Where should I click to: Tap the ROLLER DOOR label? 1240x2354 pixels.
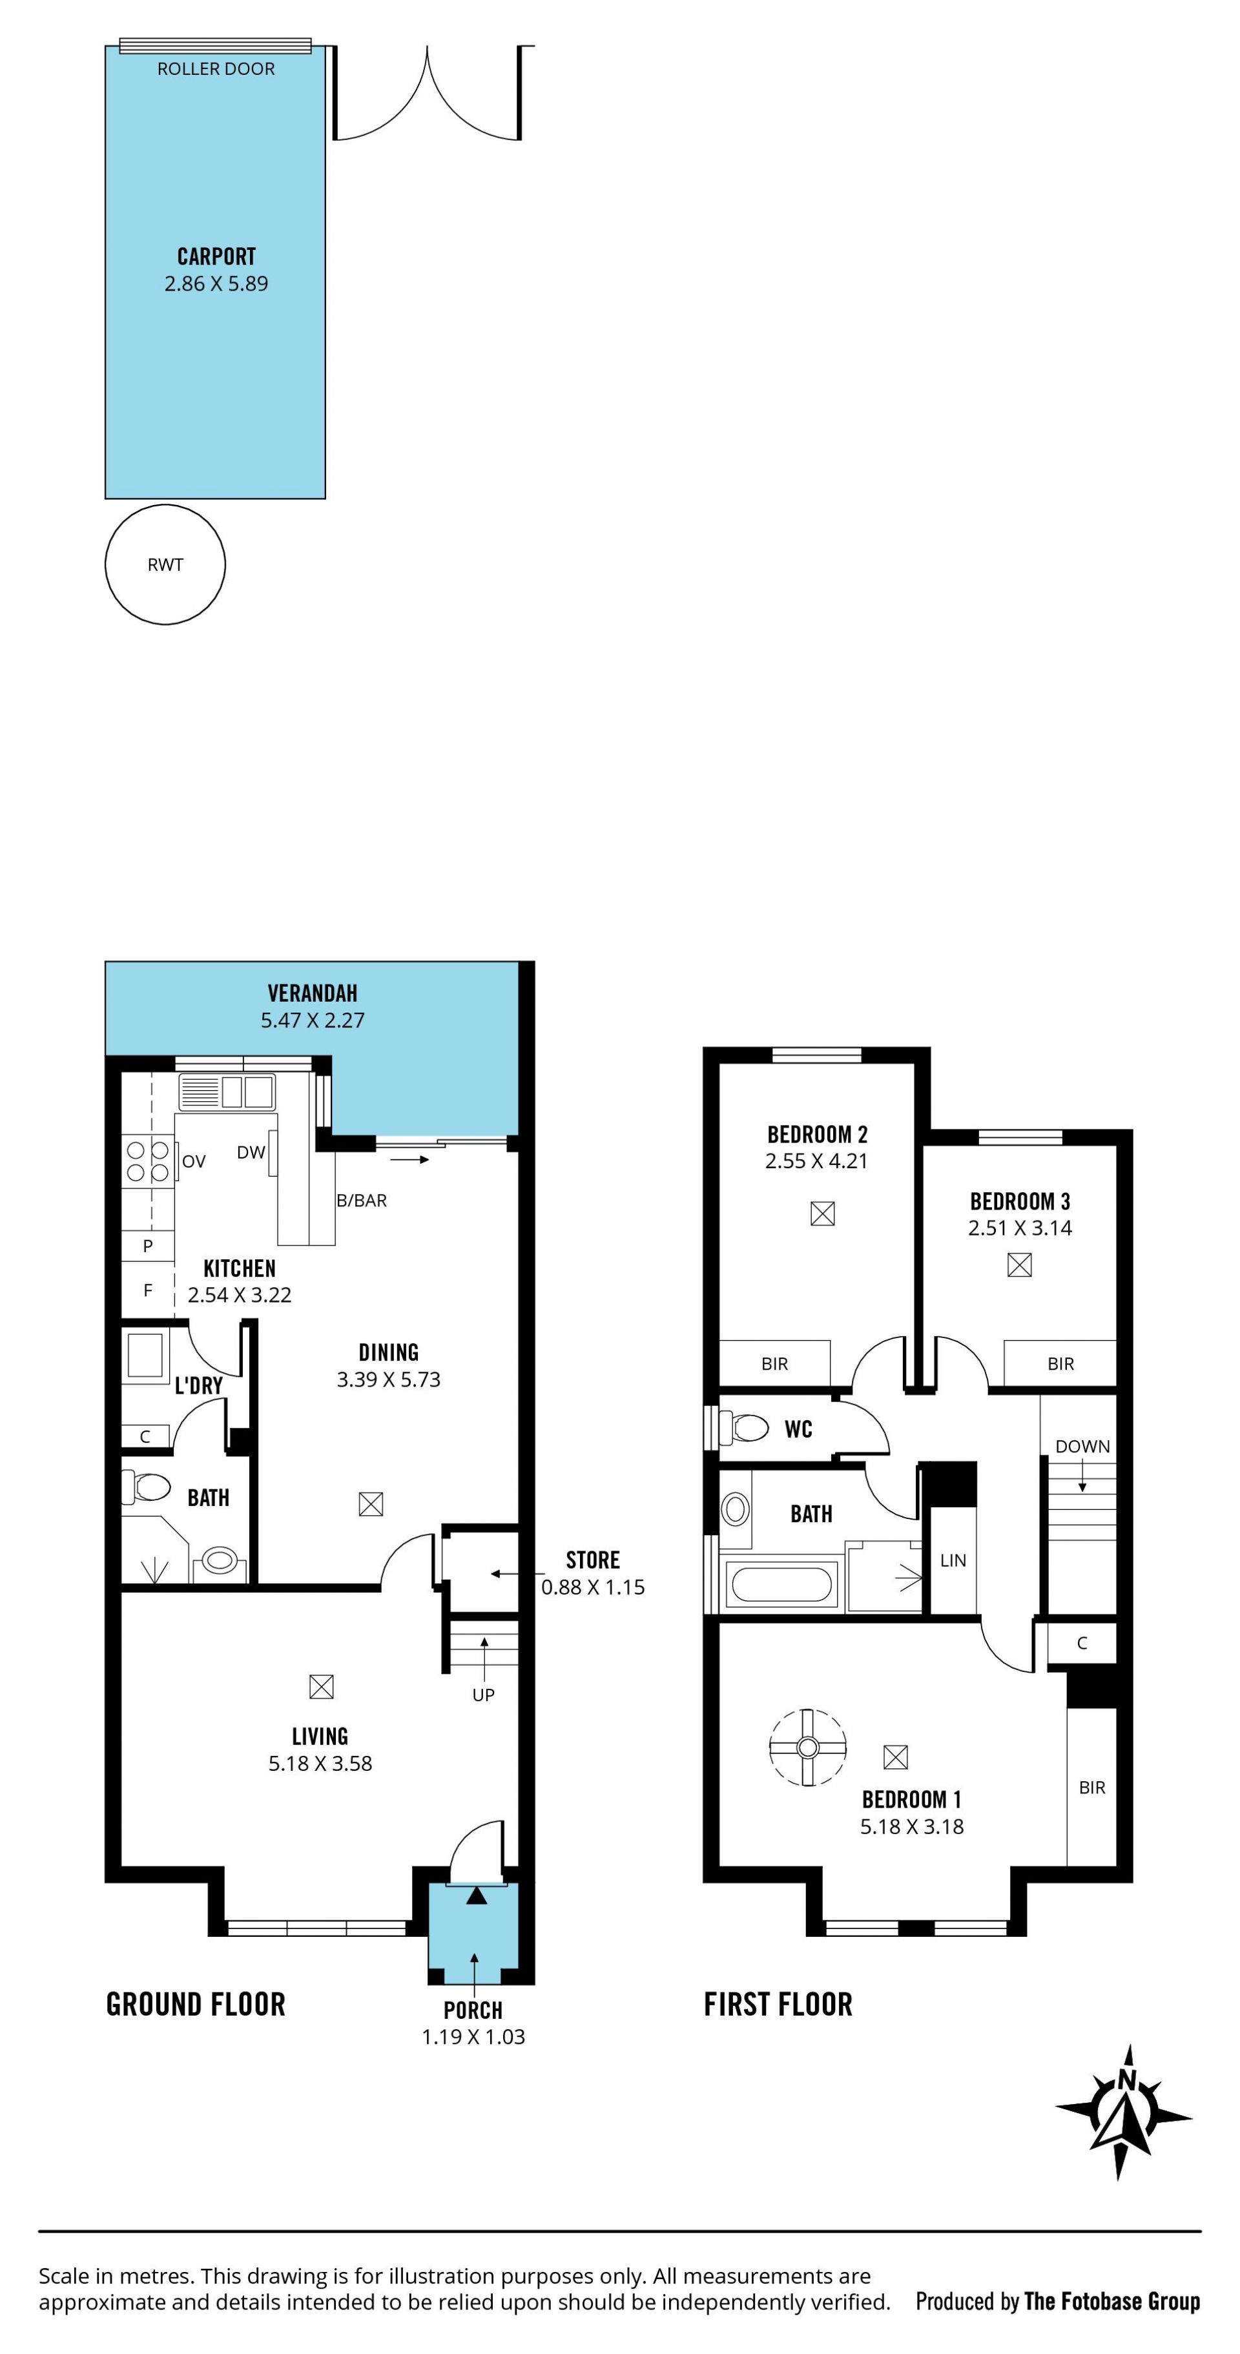pyautogui.click(x=216, y=68)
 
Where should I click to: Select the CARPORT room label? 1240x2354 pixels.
pyautogui.click(x=216, y=257)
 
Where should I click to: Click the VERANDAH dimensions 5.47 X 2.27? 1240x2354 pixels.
pyautogui.click(x=313, y=1021)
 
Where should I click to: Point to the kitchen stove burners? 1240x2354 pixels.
pyautogui.click(x=148, y=1161)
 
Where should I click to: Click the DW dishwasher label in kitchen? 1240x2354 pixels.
pyautogui.click(x=251, y=1152)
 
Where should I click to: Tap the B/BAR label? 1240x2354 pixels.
pyautogui.click(x=362, y=1201)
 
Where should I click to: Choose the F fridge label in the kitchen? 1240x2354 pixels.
pyautogui.click(x=148, y=1290)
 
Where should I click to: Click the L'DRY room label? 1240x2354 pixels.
pyautogui.click(x=199, y=1385)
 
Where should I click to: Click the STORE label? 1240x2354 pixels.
pyautogui.click(x=593, y=1561)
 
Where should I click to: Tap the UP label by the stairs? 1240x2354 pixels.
pyautogui.click(x=483, y=1695)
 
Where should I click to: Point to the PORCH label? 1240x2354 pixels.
pyautogui.click(x=473, y=2010)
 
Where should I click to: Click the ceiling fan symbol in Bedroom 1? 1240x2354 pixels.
pyautogui.click(x=808, y=1747)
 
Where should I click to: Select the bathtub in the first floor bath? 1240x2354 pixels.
pyautogui.click(x=781, y=1585)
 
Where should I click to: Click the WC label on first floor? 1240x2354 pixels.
pyautogui.click(x=799, y=1429)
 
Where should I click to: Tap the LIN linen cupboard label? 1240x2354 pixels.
pyautogui.click(x=953, y=1561)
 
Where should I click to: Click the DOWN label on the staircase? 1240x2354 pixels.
pyautogui.click(x=1083, y=1447)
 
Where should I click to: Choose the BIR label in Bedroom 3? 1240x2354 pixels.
pyautogui.click(x=1061, y=1365)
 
